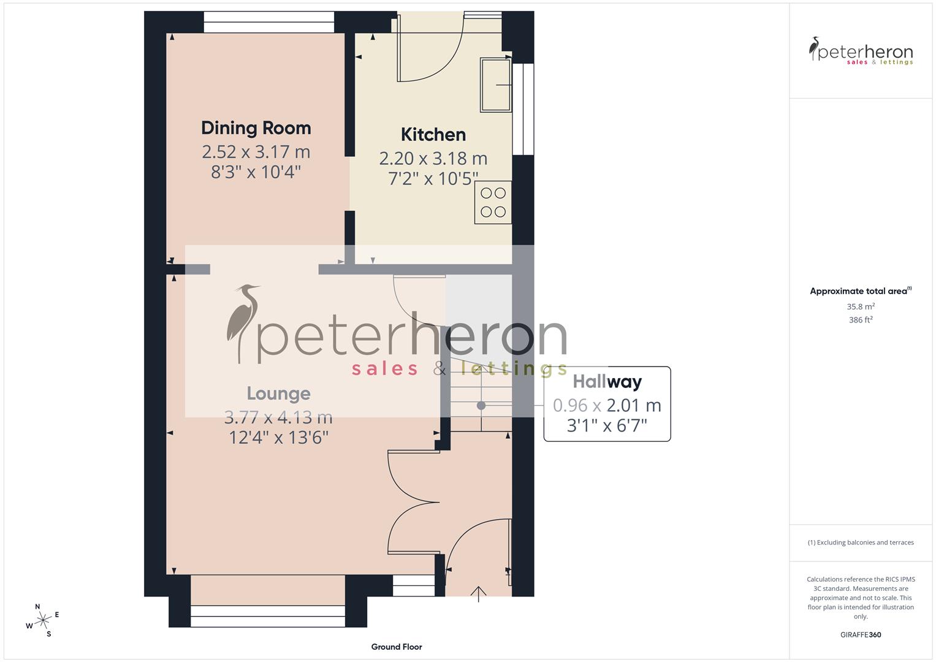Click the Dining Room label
pos(256,128)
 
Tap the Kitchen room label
pos(433,135)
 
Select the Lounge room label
pos(278,394)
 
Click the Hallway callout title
pos(607,382)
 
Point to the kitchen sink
pos(496,85)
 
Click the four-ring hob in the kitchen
pos(493,202)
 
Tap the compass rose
pos(43,620)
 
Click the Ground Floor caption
pos(396,647)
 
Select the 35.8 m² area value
pos(861,306)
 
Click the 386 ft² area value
pos(861,320)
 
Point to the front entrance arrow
pos(478,593)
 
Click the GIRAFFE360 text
pos(861,635)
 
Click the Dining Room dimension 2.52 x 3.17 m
pos(256,151)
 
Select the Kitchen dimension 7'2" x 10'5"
pos(433,178)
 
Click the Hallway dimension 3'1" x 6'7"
pos(607,425)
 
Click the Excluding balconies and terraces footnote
pos(861,542)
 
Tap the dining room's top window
pos(268,22)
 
